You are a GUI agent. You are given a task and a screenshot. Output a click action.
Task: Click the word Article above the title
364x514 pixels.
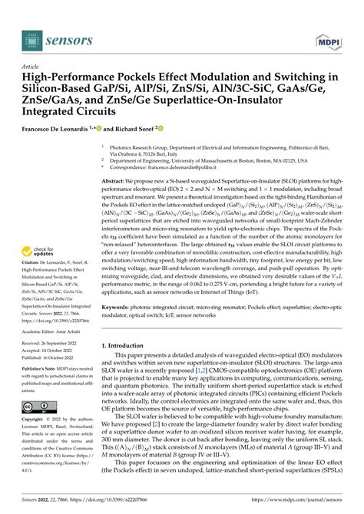point(34,67)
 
